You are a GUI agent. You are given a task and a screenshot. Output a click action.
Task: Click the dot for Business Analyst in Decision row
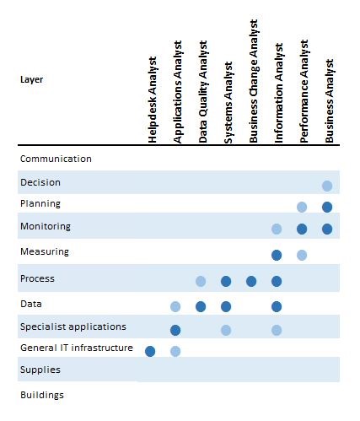(327, 186)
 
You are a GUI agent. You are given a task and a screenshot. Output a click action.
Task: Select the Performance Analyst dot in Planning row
(302, 207)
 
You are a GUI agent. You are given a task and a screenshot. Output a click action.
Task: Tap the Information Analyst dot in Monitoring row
(277, 229)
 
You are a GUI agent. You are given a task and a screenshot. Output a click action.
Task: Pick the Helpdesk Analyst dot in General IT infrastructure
(150, 351)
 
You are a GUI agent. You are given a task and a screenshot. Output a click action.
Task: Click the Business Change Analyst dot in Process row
(251, 281)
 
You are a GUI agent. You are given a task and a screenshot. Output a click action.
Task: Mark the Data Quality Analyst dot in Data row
(201, 306)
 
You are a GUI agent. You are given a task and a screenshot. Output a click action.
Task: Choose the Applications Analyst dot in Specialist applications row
(175, 330)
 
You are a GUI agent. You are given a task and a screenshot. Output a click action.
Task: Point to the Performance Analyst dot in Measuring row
(302, 254)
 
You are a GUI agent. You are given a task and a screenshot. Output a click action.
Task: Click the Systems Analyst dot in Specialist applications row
(226, 330)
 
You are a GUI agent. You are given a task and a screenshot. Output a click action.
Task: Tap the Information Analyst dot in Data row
(277, 306)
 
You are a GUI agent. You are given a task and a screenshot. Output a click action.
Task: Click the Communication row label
(56, 159)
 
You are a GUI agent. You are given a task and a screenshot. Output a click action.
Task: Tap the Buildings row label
(41, 395)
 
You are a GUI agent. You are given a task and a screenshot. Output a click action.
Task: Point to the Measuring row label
(44, 251)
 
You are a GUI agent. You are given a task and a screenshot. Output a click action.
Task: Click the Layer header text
(31, 80)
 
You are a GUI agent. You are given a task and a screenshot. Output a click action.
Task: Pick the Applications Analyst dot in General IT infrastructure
(175, 351)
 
